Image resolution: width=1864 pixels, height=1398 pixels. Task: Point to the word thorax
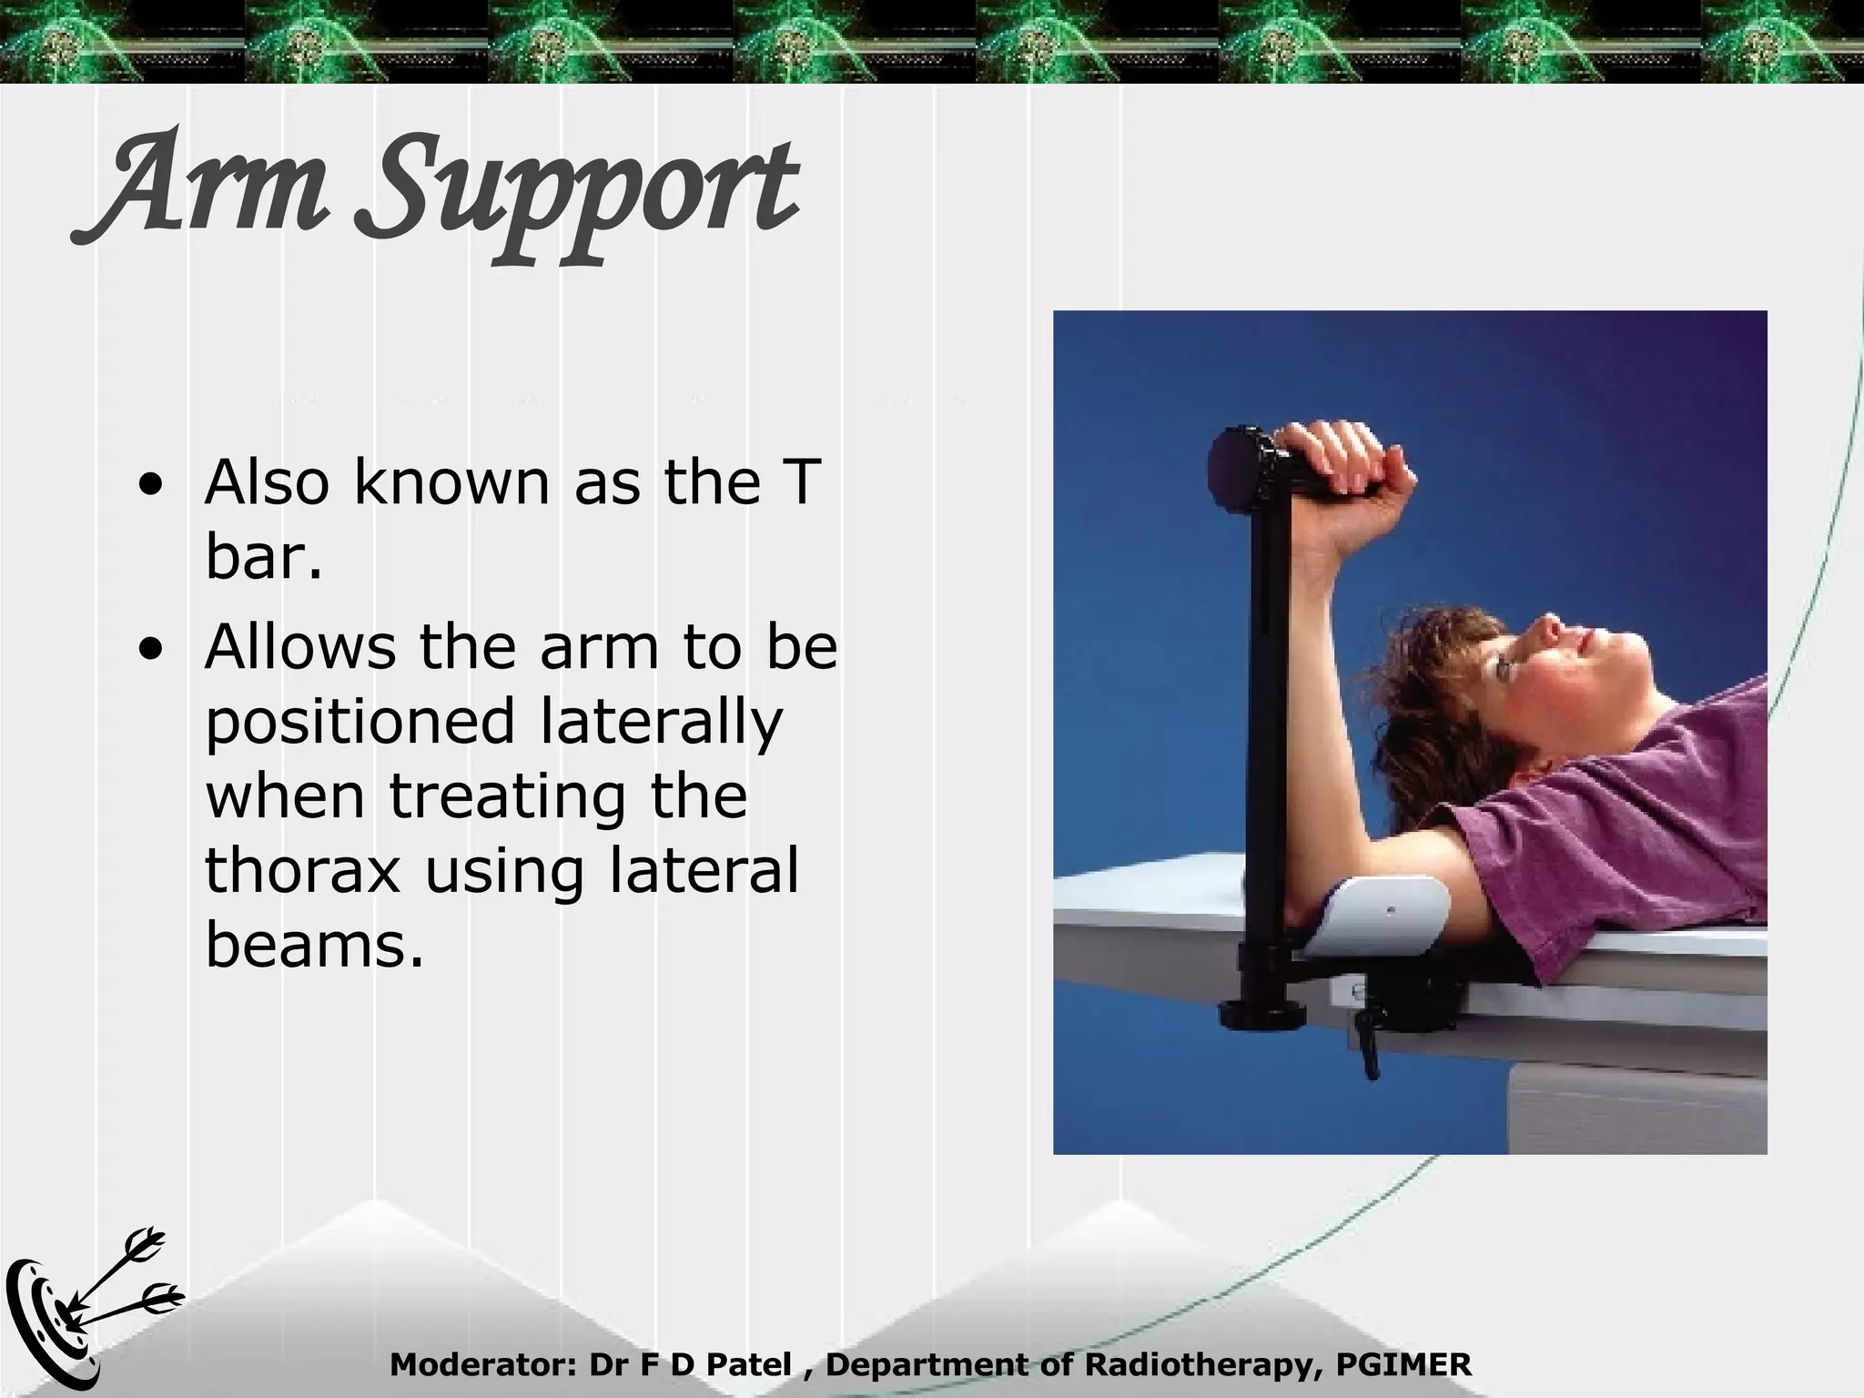[301, 870]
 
